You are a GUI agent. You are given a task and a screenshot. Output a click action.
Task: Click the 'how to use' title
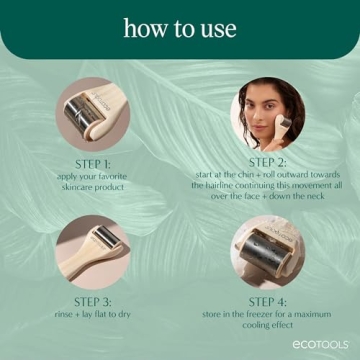pyautogui.click(x=180, y=27)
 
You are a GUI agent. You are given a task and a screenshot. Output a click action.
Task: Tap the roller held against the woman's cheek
pyautogui.click(x=284, y=124)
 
